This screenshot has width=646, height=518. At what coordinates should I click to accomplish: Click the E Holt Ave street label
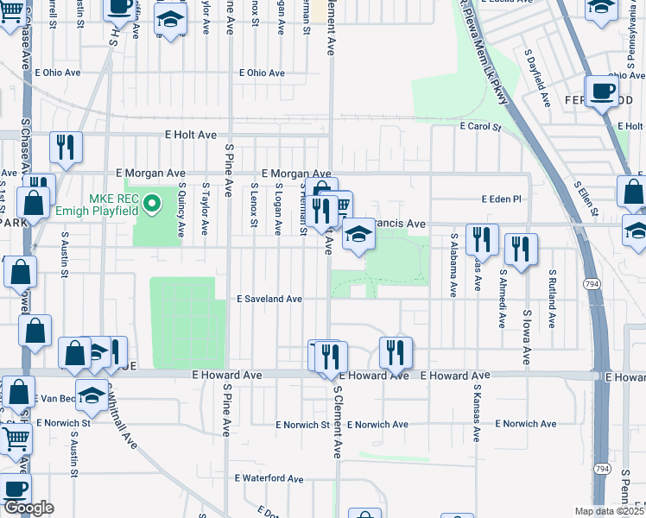[x=191, y=135]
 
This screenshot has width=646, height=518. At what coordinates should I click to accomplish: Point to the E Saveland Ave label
[x=269, y=299]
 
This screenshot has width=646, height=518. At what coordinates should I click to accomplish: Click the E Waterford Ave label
[x=269, y=477]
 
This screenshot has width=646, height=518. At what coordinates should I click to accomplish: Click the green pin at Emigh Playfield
[x=152, y=205]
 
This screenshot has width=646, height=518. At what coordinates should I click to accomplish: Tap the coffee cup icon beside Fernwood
[x=602, y=91]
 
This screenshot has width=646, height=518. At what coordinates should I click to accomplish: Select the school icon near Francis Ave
[x=358, y=233]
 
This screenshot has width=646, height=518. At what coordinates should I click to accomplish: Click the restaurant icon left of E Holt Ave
[x=65, y=148]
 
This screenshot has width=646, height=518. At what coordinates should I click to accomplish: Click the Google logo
[x=28, y=509]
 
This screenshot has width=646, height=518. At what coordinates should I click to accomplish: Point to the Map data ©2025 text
[x=610, y=511]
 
